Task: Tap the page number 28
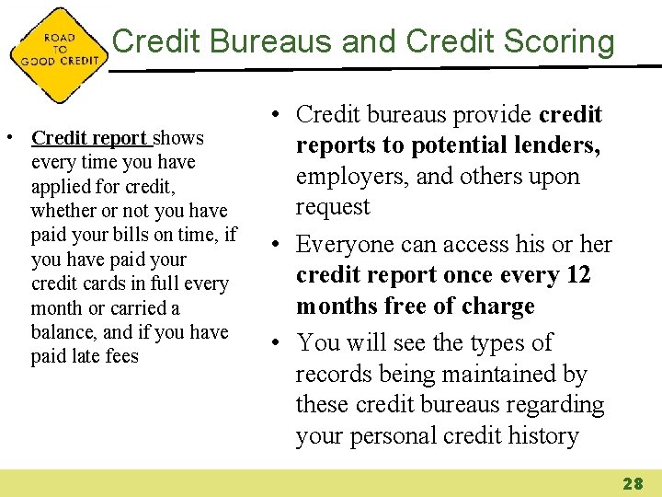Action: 633,483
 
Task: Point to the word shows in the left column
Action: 178,138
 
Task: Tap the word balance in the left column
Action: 63,332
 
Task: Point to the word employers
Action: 352,176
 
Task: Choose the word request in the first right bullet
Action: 332,207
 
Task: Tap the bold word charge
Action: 496,306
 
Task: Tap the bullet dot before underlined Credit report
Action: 8,139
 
